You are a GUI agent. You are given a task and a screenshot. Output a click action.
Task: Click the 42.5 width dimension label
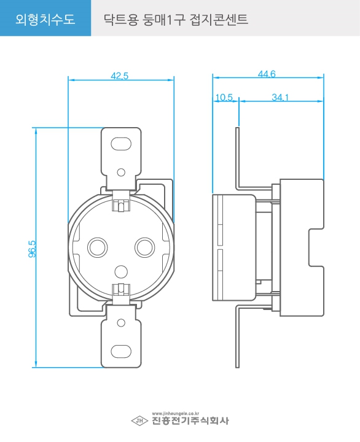(120, 76)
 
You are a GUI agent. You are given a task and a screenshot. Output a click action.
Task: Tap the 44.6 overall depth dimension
(267, 74)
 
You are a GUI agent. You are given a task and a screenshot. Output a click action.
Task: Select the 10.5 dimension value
(224, 98)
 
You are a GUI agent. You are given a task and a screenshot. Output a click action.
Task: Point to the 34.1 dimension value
(280, 98)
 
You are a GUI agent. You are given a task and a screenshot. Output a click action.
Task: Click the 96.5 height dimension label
(32, 249)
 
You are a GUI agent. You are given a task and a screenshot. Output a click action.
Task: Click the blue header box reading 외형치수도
(45, 18)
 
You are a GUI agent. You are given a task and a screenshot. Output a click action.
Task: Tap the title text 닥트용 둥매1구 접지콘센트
(176, 20)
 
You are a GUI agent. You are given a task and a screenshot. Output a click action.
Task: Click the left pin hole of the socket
(97, 247)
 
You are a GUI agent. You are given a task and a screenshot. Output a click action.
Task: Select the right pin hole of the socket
(145, 247)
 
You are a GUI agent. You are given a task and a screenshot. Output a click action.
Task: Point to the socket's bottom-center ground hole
(121, 272)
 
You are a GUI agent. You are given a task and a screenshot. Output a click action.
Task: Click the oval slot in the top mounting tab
(121, 144)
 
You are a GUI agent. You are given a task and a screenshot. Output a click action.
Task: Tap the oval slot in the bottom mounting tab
(121, 351)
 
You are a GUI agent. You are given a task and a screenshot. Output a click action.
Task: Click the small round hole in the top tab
(121, 173)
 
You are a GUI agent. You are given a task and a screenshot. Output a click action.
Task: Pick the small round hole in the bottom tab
(121, 323)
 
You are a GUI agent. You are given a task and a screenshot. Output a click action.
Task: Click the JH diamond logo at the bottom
(139, 421)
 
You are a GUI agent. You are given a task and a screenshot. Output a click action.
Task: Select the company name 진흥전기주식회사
(190, 421)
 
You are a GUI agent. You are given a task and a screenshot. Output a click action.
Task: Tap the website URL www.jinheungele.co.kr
(176, 414)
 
